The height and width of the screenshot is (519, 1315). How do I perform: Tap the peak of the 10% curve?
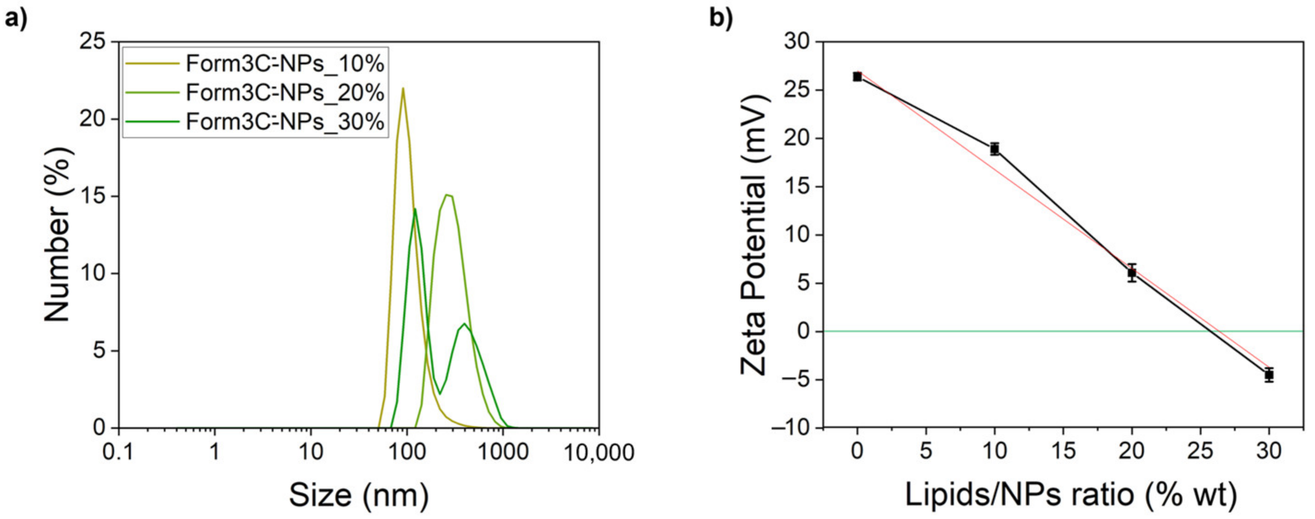pos(403,89)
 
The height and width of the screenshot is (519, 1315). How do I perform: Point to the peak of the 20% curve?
pos(447,195)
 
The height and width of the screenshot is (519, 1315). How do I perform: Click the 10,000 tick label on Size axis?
pos(599,453)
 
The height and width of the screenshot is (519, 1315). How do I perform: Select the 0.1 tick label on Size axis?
pos(118,453)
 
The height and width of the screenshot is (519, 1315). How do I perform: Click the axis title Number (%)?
pos(57,235)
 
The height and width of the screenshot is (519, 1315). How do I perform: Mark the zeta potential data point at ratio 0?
pos(857,76)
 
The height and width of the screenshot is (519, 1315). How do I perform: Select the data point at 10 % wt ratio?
pos(995,149)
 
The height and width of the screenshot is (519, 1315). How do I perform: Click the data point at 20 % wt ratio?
pos(1132,273)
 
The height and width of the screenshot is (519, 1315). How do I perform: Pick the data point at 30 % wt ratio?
pos(1269,375)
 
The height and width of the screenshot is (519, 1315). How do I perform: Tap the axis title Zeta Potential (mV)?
pos(755,235)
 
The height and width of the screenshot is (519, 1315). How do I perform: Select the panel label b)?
pos(722,18)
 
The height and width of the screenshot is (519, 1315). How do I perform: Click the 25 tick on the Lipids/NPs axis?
pos(1200,451)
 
